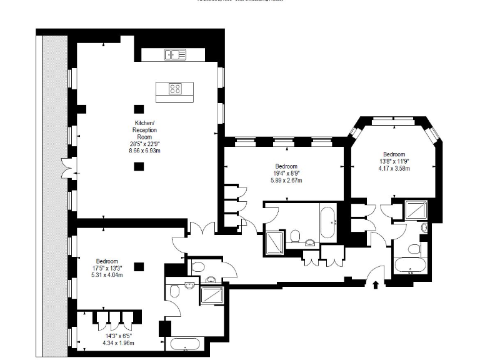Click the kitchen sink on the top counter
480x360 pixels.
click(x=176, y=55)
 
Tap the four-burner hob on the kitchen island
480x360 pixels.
click(x=176, y=89)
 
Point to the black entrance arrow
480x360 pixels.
click(x=375, y=285)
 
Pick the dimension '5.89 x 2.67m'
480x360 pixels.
click(x=284, y=181)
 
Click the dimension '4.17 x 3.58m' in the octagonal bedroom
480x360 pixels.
click(x=394, y=169)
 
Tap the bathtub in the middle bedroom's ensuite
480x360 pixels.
click(x=328, y=222)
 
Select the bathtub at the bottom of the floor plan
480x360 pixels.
click(x=186, y=344)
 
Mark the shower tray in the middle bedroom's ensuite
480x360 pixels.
click(x=274, y=242)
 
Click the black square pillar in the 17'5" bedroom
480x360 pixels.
click(x=139, y=267)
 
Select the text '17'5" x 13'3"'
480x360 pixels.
click(x=109, y=268)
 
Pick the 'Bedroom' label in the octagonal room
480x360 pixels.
click(x=394, y=154)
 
